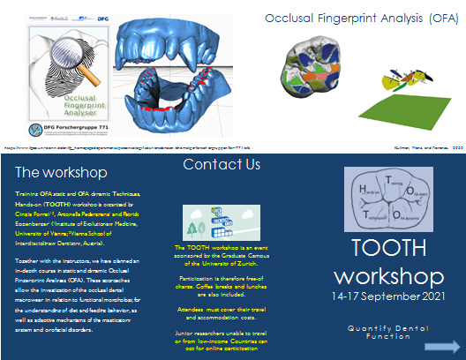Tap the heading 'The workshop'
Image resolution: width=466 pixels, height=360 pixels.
pyautogui.click(x=62, y=172)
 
